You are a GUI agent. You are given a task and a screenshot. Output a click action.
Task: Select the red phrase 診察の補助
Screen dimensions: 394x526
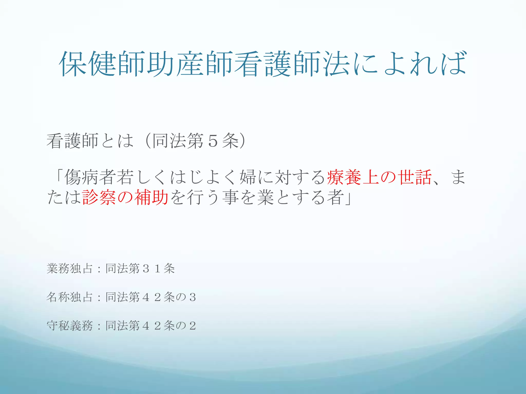click(x=125, y=197)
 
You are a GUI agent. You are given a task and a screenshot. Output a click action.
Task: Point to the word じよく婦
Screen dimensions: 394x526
click(x=221, y=177)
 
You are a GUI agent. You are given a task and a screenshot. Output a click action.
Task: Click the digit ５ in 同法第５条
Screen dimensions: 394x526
click(x=213, y=141)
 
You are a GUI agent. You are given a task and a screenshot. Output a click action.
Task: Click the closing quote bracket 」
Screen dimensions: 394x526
click(x=348, y=197)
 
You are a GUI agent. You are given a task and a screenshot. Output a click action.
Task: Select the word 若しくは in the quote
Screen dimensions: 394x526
click(x=143, y=177)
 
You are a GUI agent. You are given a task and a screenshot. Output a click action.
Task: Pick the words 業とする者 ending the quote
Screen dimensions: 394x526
click(x=300, y=197)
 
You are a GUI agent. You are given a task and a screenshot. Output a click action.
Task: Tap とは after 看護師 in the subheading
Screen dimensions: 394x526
click(x=117, y=141)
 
